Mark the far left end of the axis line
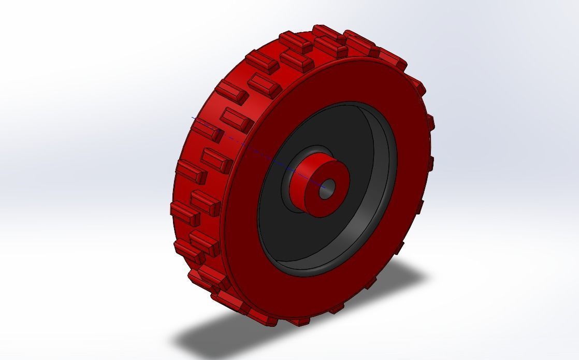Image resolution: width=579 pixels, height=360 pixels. (193, 118)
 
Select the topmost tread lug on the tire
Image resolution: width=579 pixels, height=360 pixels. (326, 32)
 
